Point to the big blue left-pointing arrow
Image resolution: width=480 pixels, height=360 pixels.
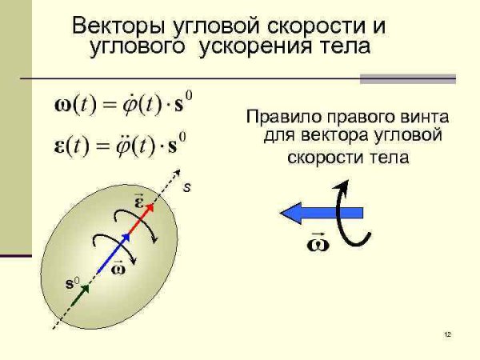tap(320, 213)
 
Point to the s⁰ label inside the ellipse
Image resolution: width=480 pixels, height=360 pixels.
tap(71, 283)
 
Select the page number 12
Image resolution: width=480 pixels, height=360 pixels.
tap(447, 334)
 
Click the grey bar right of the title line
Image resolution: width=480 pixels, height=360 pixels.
tap(407, 78)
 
